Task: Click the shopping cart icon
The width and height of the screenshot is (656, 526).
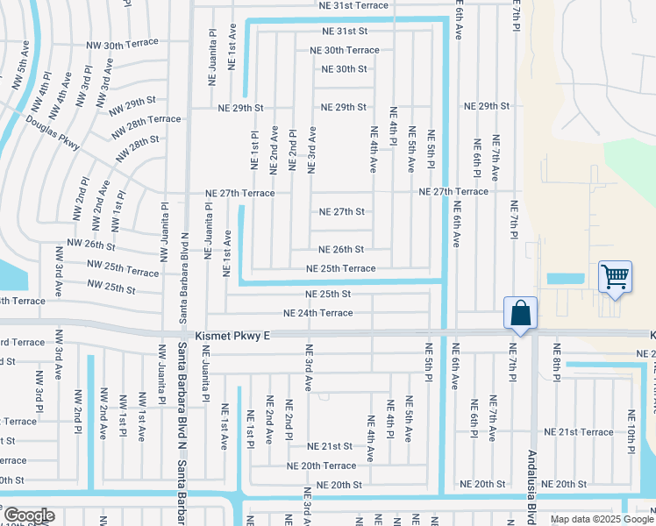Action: pyautogui.click(x=615, y=277)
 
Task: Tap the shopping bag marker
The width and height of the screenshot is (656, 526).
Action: pyautogui.click(x=520, y=312)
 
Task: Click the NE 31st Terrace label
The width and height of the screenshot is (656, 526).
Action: pyautogui.click(x=353, y=5)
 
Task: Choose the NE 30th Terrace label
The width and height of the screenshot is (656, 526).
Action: pyautogui.click(x=345, y=51)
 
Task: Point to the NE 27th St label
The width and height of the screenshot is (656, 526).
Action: pyautogui.click(x=341, y=212)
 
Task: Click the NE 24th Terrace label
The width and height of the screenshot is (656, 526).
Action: pyautogui.click(x=317, y=313)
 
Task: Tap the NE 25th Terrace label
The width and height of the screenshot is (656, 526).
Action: pyautogui.click(x=340, y=269)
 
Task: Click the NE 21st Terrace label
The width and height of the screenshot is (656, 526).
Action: pyautogui.click(x=578, y=432)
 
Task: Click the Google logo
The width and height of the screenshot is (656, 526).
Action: pyautogui.click(x=28, y=515)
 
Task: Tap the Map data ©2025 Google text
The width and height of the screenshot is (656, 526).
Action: pyautogui.click(x=601, y=519)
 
